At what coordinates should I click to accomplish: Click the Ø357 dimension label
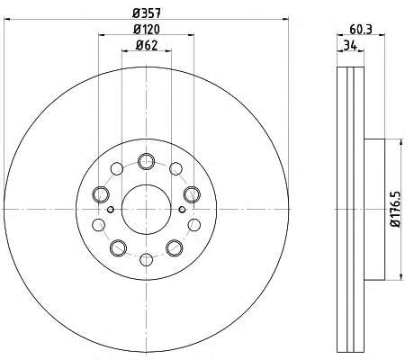click(x=147, y=13)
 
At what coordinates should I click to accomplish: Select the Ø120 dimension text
click(x=147, y=30)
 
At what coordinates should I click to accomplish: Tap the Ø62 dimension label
click(x=147, y=45)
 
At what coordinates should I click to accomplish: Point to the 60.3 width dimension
click(x=361, y=30)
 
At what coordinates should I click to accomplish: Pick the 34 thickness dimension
click(x=350, y=46)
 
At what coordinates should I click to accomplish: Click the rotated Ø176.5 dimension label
click(x=396, y=210)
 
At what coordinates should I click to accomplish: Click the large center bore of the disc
click(x=147, y=210)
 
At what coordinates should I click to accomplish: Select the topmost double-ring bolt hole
click(x=147, y=161)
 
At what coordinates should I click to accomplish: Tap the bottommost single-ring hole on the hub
click(x=147, y=260)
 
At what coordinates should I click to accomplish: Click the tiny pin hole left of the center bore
click(x=111, y=210)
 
